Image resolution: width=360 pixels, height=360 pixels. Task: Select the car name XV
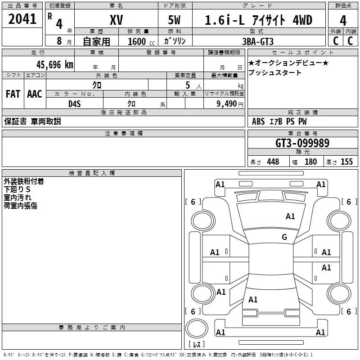[x=116, y=20]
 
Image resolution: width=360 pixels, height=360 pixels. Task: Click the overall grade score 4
[x=343, y=20]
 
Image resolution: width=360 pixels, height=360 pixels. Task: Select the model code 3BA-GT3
[x=257, y=41]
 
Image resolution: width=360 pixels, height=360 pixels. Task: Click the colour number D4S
[x=74, y=103]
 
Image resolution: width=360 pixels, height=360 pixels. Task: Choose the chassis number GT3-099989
[x=302, y=143]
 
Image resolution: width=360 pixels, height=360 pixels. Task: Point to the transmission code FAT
[x=13, y=94]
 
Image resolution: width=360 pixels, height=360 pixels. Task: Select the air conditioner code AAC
[x=35, y=94]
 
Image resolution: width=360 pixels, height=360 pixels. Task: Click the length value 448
[x=273, y=162]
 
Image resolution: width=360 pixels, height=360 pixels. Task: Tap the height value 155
[x=346, y=162]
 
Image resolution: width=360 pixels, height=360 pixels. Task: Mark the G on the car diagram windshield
[x=284, y=237]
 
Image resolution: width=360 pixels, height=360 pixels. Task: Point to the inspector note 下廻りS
[x=17, y=189]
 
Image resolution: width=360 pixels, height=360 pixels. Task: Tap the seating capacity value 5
[x=187, y=85]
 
